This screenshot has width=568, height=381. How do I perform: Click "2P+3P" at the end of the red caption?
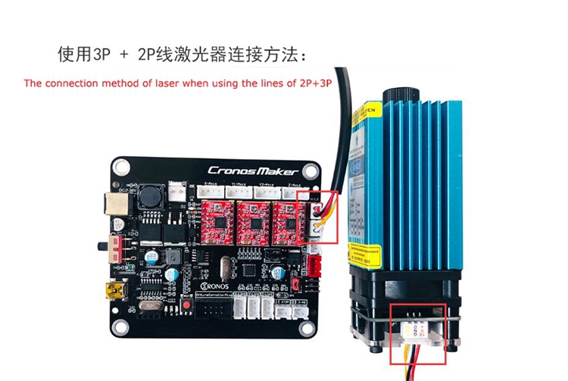click(x=313, y=83)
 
